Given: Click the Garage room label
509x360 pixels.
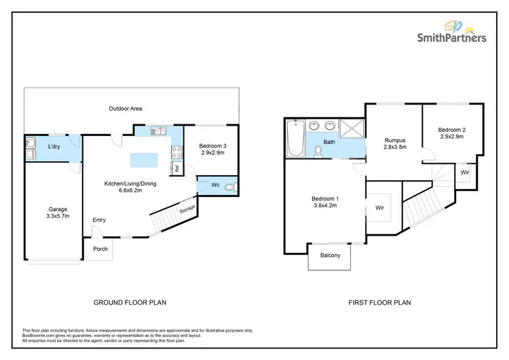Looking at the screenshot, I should [x=57, y=209].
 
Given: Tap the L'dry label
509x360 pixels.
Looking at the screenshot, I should [x=56, y=147].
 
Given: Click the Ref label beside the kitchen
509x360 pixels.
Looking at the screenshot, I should [x=176, y=168].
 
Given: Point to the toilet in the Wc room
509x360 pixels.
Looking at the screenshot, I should [x=231, y=185].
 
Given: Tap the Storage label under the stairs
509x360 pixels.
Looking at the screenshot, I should [x=188, y=207].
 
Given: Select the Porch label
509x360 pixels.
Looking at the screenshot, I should [x=100, y=249].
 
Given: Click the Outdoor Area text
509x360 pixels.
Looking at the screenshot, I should [x=125, y=109].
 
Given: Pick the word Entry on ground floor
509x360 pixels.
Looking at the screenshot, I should [x=100, y=219].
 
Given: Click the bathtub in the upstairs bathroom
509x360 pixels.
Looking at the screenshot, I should [x=293, y=138].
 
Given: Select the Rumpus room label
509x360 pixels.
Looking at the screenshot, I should [x=394, y=141].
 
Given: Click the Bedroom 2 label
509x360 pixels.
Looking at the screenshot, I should [x=451, y=130].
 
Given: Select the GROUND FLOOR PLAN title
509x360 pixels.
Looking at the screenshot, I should [x=130, y=302].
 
